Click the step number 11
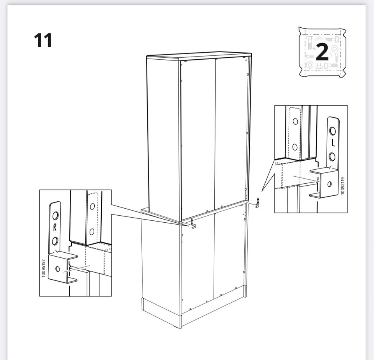tap(43, 40)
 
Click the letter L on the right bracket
tap(333, 143)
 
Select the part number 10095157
tap(43, 268)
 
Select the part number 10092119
tap(343, 186)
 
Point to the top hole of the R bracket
tap(55, 216)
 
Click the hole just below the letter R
tap(55, 241)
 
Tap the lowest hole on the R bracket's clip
tap(58, 269)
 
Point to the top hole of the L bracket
tap(332, 131)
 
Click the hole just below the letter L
tap(332, 157)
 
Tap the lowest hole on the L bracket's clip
tap(330, 184)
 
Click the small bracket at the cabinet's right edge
tap(258, 202)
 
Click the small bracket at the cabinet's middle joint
tap(193, 223)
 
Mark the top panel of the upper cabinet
tap(199, 56)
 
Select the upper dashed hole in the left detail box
tap(92, 206)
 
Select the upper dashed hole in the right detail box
tap(295, 122)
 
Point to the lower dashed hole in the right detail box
tap(295, 147)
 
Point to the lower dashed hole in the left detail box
tap(92, 232)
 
